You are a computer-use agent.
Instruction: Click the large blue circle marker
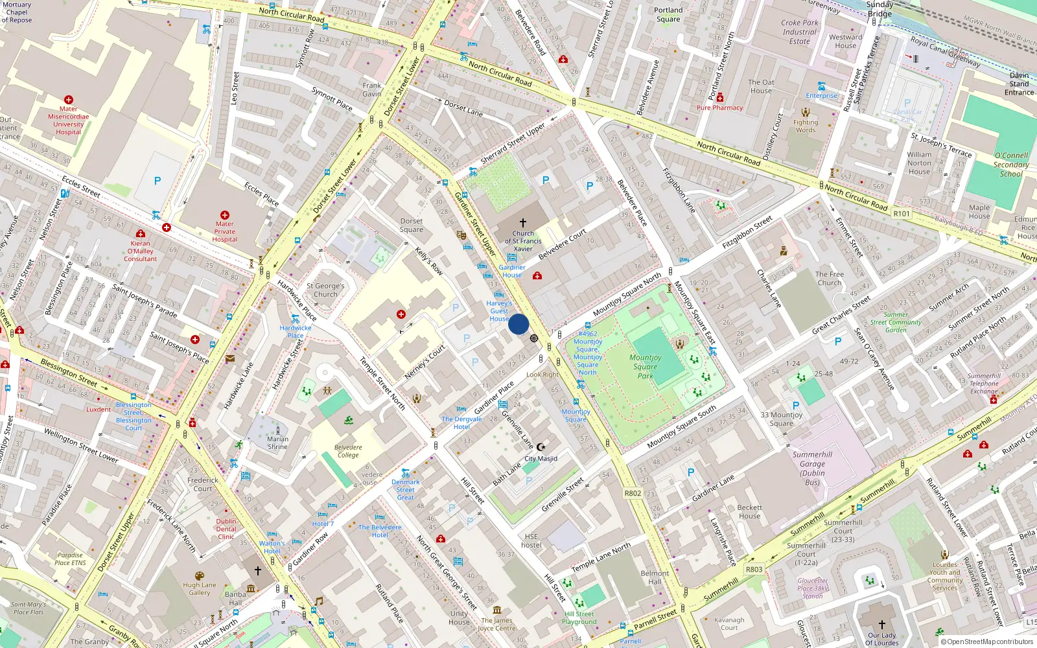tap(518, 324)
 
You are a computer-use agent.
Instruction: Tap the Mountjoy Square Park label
tap(645, 366)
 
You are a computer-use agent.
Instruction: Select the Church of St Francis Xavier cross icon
tap(523, 222)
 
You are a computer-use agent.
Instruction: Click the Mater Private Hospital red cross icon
tap(225, 214)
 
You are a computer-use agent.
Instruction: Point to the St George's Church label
tap(325, 290)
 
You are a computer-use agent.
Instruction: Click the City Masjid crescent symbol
tap(542, 447)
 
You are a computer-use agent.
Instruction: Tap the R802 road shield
tap(633, 493)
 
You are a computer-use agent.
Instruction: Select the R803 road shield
tap(754, 569)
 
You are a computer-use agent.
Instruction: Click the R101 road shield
tap(902, 213)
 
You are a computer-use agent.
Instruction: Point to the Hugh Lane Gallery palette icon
tap(200, 575)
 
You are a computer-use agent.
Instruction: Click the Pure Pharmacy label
tap(719, 108)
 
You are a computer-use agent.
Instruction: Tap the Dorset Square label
tap(411, 225)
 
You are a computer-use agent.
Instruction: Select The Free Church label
tap(830, 278)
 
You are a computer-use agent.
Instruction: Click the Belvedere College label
tap(348, 451)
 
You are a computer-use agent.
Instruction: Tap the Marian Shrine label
tap(277, 443)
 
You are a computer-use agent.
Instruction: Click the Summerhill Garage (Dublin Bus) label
tap(812, 468)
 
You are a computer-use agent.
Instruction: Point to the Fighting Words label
tap(806, 126)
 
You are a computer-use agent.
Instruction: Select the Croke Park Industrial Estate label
tap(800, 32)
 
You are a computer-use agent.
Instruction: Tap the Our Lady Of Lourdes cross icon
tap(881, 625)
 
